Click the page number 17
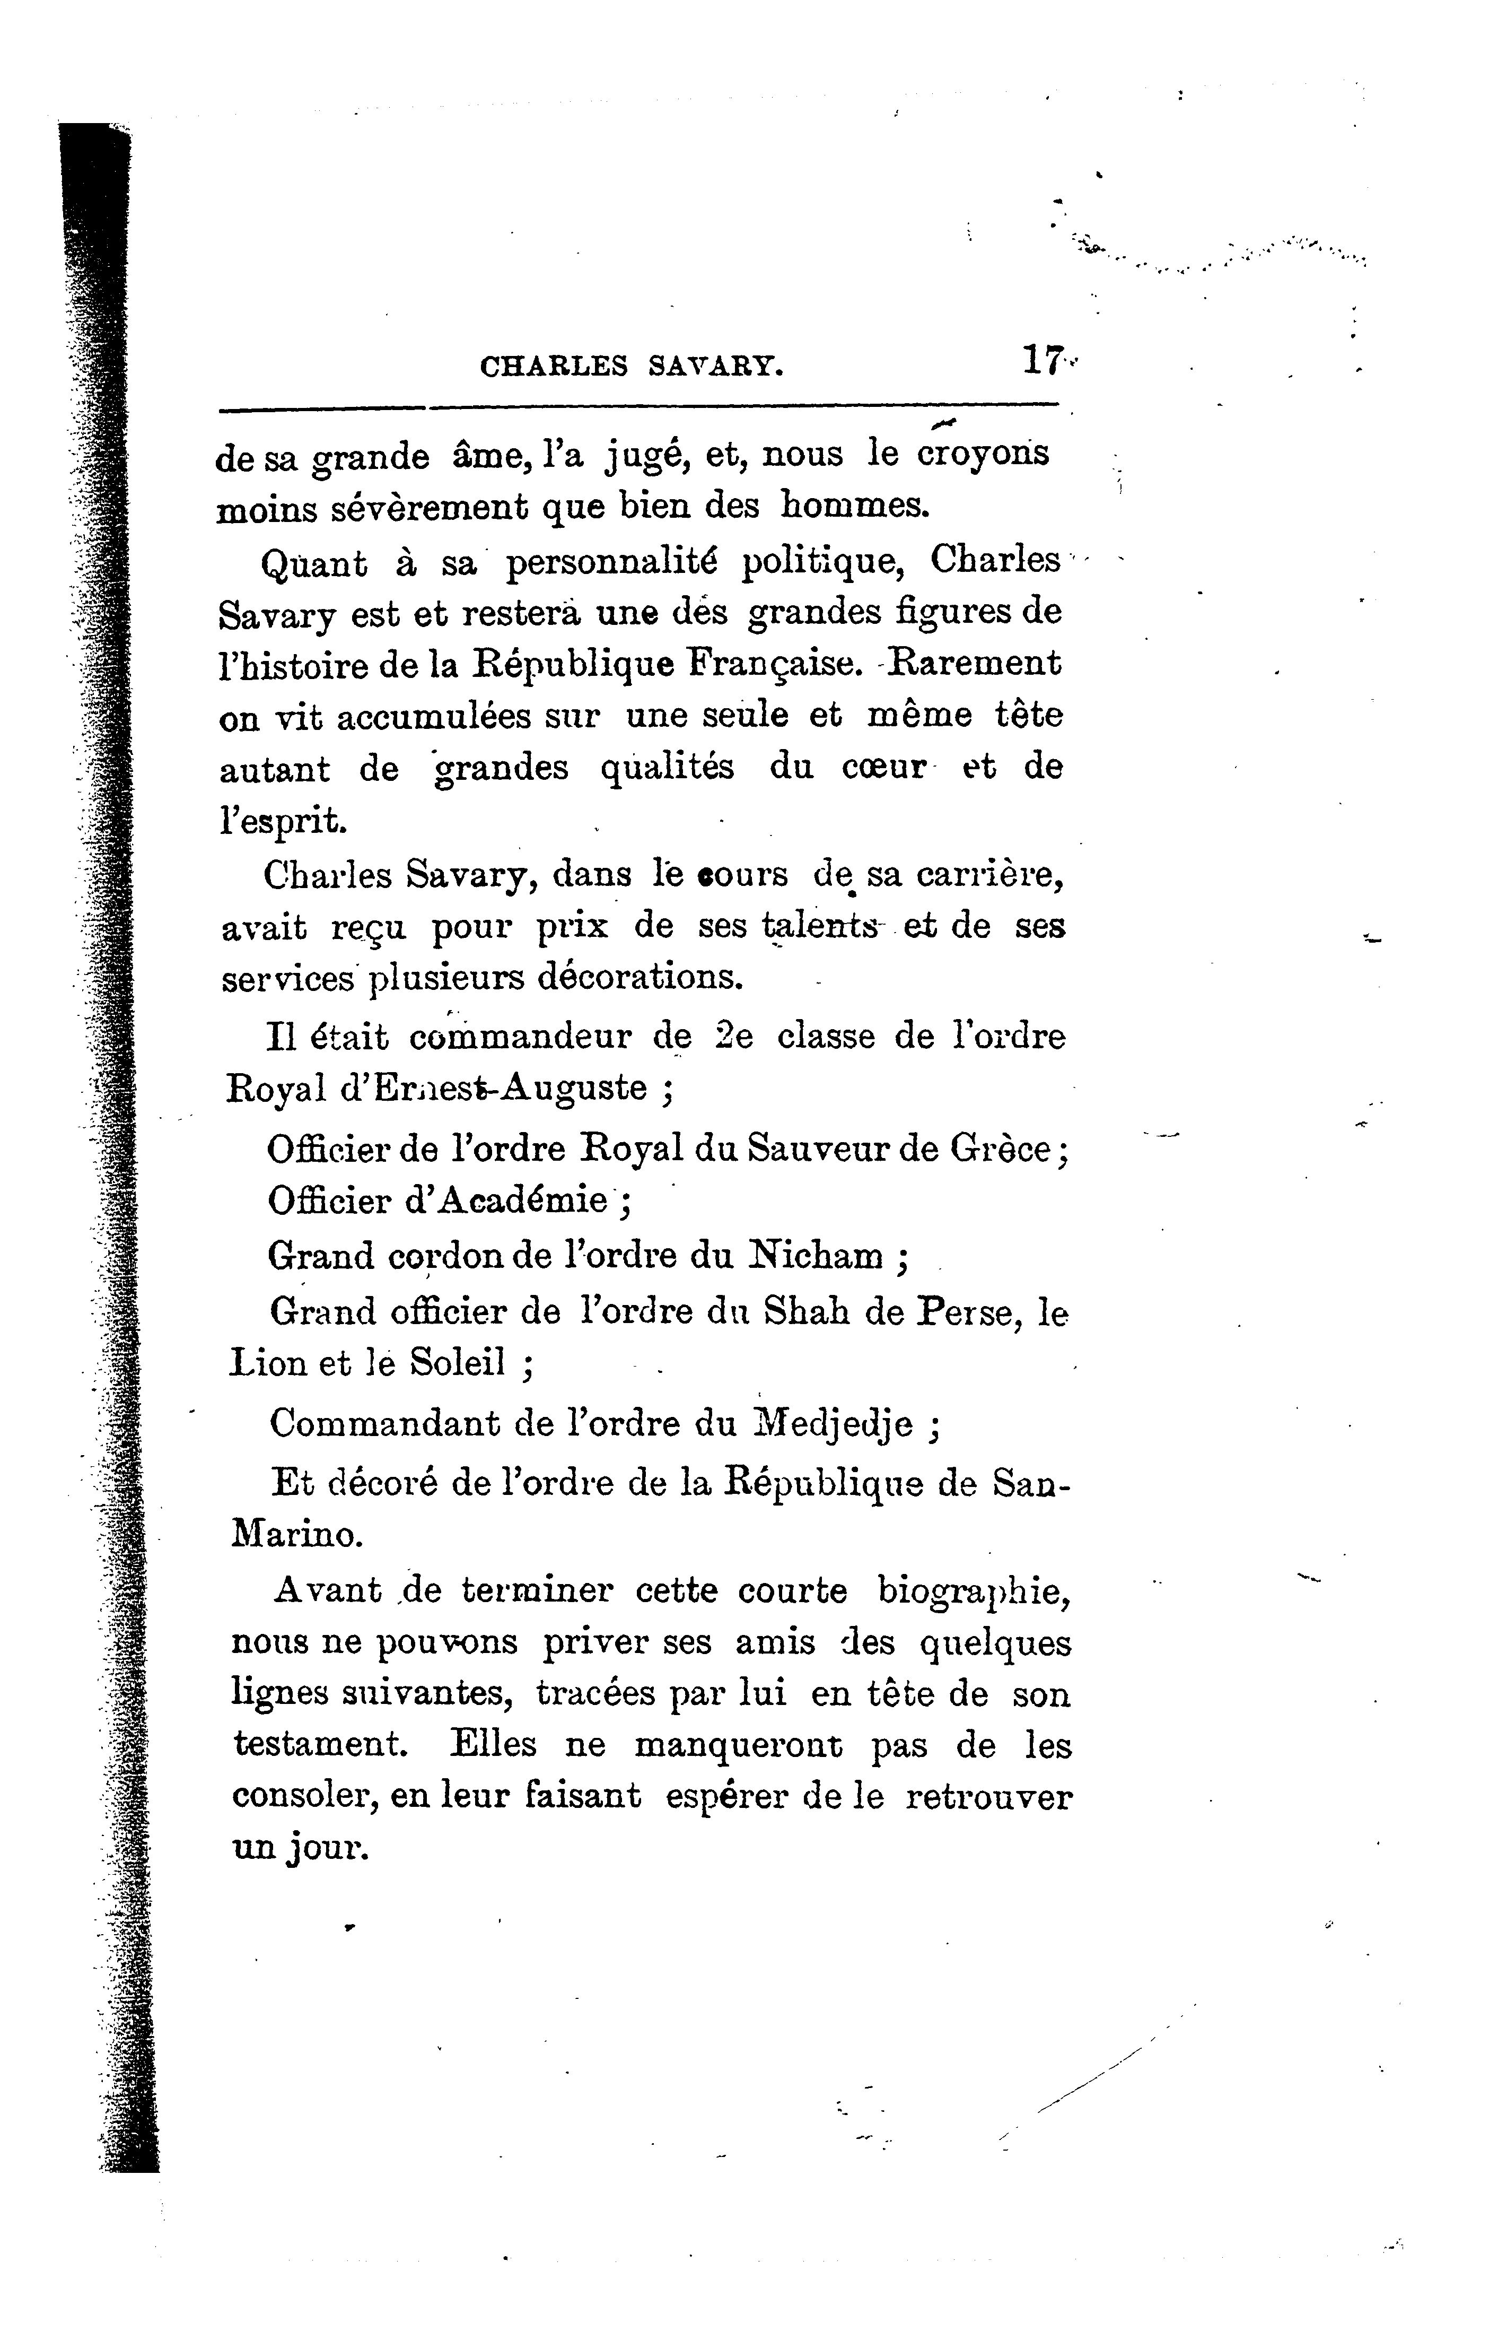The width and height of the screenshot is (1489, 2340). tap(1042, 361)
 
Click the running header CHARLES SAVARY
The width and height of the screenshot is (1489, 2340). tap(632, 367)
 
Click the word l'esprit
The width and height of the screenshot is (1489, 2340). tap(282, 821)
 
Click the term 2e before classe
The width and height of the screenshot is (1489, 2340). tap(733, 1036)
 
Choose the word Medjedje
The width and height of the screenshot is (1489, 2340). tap(834, 1424)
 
